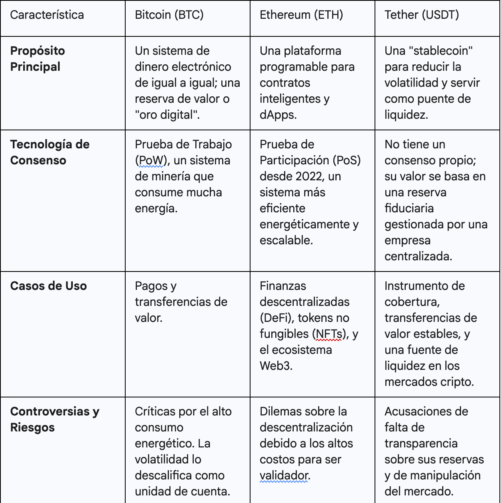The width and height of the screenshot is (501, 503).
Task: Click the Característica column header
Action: (x=47, y=15)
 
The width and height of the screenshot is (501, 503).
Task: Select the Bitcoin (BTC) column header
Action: (x=169, y=15)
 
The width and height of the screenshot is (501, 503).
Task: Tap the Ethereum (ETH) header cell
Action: (x=301, y=15)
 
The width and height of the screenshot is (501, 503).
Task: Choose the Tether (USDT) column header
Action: (x=421, y=15)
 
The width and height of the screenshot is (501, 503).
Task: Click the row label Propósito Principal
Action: (x=37, y=59)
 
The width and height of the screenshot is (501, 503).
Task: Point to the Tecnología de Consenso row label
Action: (x=50, y=152)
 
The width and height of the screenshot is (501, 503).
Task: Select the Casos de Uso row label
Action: (x=48, y=286)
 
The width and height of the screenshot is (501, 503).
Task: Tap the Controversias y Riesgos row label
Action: (x=54, y=419)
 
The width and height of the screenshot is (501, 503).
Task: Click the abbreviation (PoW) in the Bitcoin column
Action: (x=151, y=160)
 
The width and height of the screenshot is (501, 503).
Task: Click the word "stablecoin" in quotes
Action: (x=429, y=51)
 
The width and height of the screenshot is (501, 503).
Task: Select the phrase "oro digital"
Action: (x=167, y=115)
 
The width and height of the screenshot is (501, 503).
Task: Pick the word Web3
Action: (x=276, y=366)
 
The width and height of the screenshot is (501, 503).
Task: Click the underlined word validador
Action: (x=285, y=475)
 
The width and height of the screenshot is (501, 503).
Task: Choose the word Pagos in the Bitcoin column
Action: (x=150, y=286)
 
